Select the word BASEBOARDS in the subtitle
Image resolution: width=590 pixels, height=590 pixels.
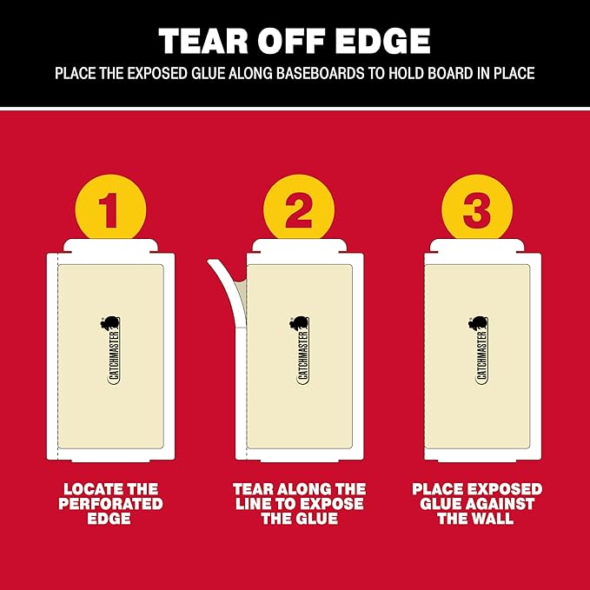tap(321, 73)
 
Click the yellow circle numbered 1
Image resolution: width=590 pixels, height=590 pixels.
tap(110, 209)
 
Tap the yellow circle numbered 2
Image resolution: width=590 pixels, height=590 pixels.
tap(299, 209)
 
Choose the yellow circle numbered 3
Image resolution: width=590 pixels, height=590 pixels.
tap(477, 209)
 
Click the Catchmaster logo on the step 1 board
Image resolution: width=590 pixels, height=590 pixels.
tap(112, 350)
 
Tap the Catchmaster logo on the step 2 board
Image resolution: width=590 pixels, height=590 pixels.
tap(301, 350)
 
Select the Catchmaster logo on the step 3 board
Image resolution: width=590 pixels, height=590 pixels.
tap(480, 350)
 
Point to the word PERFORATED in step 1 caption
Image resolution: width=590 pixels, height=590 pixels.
tap(110, 504)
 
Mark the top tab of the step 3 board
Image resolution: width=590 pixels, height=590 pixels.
tap(477, 246)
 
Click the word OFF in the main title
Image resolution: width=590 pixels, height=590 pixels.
tap(291, 41)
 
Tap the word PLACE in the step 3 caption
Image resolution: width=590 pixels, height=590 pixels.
tap(437, 489)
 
